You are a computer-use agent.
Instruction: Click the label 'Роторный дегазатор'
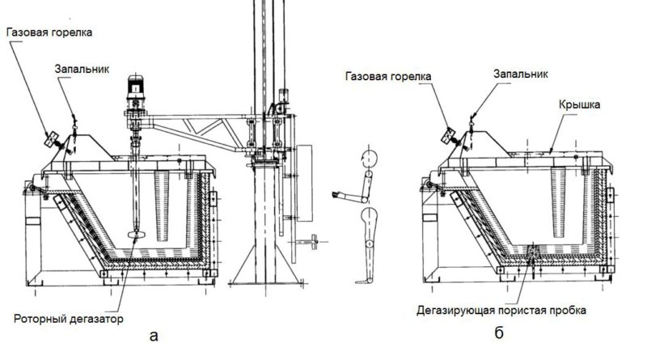(x=69, y=319)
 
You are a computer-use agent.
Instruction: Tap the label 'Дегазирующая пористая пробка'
(x=501, y=310)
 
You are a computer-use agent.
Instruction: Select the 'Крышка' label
(x=579, y=104)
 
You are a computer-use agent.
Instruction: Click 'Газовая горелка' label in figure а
(x=49, y=32)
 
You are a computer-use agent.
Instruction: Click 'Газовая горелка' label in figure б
(x=388, y=76)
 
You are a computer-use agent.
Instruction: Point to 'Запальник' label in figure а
(x=82, y=69)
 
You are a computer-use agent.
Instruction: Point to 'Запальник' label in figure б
(x=521, y=74)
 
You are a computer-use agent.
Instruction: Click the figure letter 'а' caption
(x=154, y=336)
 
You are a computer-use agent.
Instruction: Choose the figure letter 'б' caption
(x=499, y=332)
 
